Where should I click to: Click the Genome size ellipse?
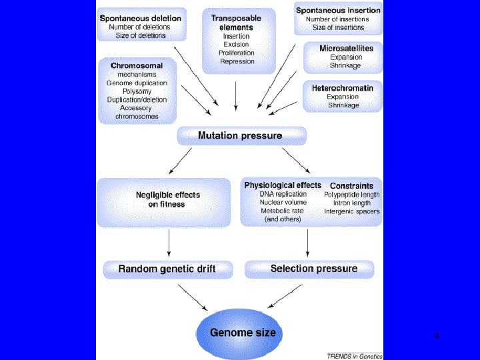tap(239, 333)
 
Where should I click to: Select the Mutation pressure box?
tap(241, 135)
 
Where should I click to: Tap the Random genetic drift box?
tap(168, 269)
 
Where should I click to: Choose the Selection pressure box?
tap(309, 269)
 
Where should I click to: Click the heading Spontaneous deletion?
tap(141, 19)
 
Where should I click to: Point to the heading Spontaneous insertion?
tap(338, 11)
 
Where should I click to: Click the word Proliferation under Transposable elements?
tap(236, 53)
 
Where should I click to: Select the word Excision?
tap(236, 45)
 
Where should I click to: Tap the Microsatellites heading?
tap(346, 49)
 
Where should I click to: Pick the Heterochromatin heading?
tap(343, 88)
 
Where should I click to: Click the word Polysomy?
tap(137, 91)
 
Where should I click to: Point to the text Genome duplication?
tap(137, 83)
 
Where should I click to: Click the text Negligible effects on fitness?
tap(167, 199)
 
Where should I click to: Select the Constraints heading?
tap(351, 186)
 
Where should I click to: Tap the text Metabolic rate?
tap(282, 211)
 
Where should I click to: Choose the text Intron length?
tap(352, 203)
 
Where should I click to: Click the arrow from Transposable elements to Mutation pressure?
tap(236, 96)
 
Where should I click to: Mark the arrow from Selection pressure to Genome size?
tap(285, 296)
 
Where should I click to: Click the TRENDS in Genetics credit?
tap(355, 356)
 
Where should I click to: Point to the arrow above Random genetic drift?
tap(169, 243)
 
